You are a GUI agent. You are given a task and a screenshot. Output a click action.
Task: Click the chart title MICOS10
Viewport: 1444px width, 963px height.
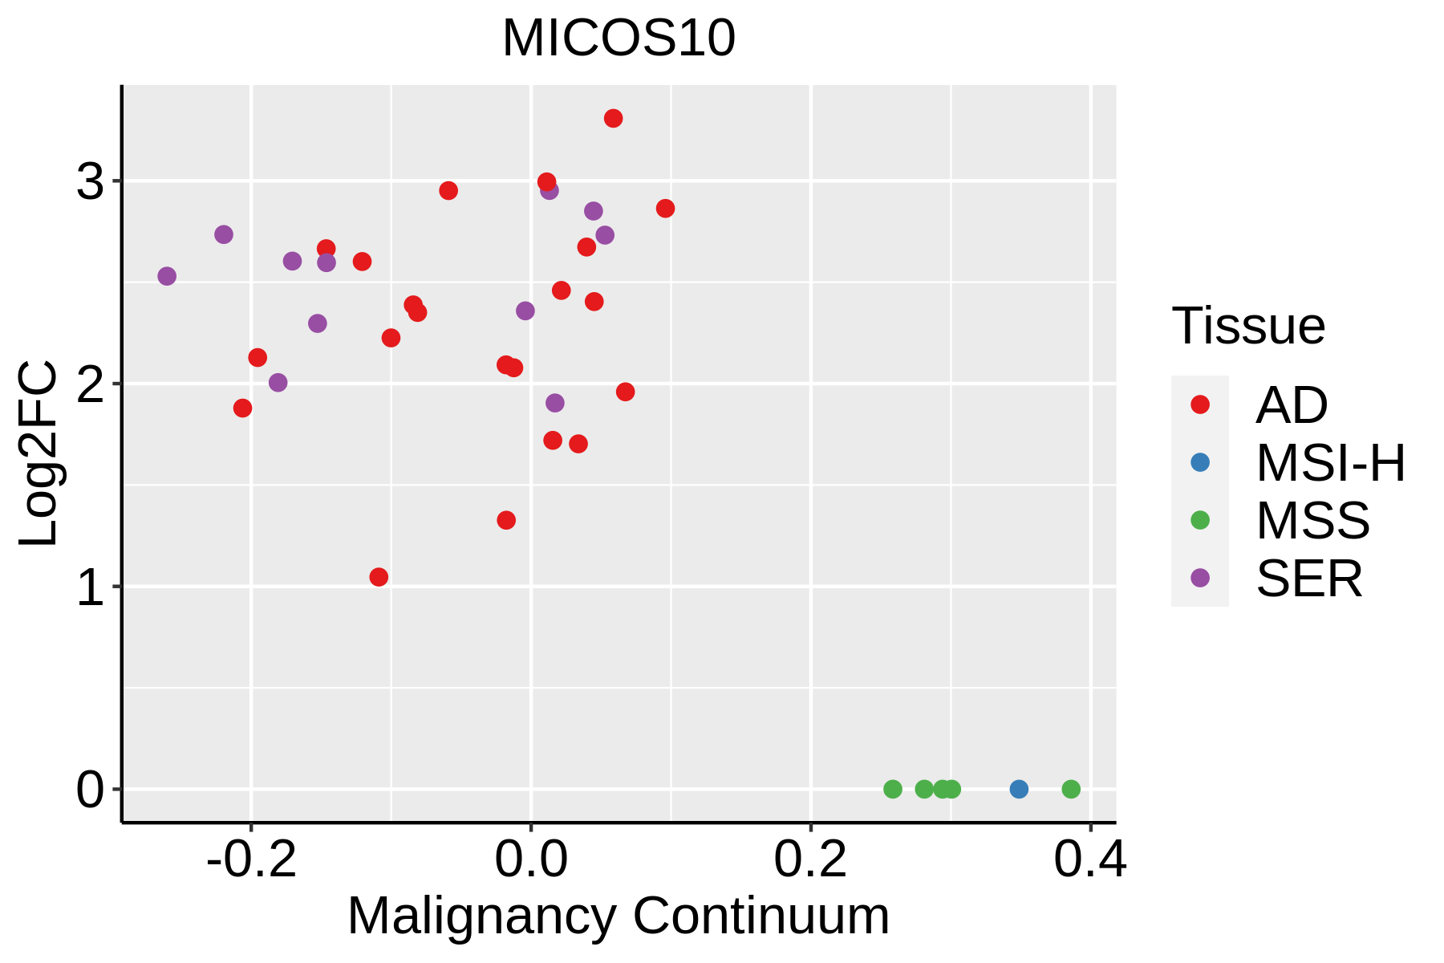coord(619,39)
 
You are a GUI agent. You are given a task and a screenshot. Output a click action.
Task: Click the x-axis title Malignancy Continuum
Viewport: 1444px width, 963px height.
coord(619,916)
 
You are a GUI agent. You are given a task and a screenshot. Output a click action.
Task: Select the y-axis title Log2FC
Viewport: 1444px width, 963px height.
coord(38,453)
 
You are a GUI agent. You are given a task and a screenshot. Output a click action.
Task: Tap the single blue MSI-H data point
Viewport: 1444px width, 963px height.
coord(1019,789)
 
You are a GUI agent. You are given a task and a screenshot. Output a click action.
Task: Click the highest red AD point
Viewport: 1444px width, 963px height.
coord(614,119)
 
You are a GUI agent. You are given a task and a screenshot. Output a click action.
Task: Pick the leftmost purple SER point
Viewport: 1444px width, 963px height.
coord(167,276)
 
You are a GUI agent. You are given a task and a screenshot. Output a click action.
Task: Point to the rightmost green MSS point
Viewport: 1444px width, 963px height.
coord(1071,789)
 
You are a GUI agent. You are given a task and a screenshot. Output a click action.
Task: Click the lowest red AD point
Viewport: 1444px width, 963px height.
coord(379,577)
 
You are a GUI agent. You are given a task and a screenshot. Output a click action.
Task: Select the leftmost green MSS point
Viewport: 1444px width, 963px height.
coord(893,789)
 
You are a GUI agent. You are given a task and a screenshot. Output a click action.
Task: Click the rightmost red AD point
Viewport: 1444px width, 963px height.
coord(666,209)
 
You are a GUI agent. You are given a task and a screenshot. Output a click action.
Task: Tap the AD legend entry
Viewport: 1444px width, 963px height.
coord(1292,405)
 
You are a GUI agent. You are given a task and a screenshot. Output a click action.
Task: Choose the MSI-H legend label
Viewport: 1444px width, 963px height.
coord(1330,463)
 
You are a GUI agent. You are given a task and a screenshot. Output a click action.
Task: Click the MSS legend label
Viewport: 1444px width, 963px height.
coord(1312,521)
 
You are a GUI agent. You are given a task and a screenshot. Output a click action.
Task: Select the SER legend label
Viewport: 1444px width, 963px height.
coord(1309,579)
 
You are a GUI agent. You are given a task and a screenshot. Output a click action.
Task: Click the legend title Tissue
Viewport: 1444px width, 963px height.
coord(1248,326)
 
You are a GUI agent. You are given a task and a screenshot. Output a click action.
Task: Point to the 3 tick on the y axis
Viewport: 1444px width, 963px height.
coord(91,182)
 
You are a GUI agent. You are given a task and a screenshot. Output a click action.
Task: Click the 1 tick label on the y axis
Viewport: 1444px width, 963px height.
coord(91,587)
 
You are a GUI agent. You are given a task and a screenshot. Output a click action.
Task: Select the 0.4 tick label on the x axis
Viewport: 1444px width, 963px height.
coord(1089,859)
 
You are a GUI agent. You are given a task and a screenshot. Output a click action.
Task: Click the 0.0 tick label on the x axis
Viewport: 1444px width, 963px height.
coord(531,859)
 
